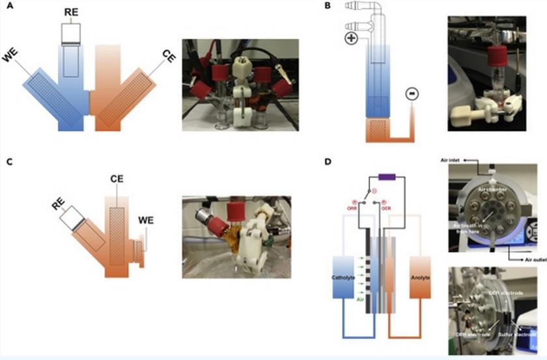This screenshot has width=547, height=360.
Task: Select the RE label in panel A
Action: [x=73, y=12]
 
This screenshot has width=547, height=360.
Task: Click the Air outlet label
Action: [x=526, y=259]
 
